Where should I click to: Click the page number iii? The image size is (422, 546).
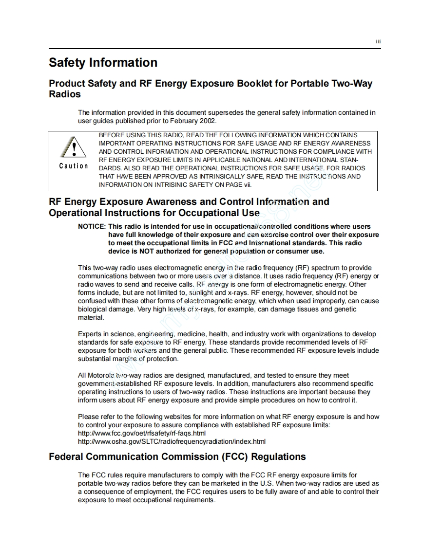pos(378,42)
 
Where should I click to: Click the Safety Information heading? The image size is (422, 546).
pos(103,63)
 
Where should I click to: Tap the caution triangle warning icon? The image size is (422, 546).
pos(74,146)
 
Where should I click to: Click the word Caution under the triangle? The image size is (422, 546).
pos(74,166)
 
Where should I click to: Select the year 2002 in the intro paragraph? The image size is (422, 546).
pos(207,121)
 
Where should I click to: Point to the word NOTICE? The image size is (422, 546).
pos(92,226)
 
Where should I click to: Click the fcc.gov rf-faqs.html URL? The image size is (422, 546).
pos(142,433)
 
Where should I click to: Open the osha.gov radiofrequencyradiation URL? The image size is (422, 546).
pos(172,441)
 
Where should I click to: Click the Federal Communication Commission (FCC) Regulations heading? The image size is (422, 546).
pos(177,457)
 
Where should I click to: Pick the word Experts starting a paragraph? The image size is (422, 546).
pos(90,334)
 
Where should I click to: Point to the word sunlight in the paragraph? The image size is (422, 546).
pos(200,292)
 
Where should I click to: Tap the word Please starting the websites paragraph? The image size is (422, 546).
pos(88,417)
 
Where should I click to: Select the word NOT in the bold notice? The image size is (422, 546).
pos(147,251)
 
